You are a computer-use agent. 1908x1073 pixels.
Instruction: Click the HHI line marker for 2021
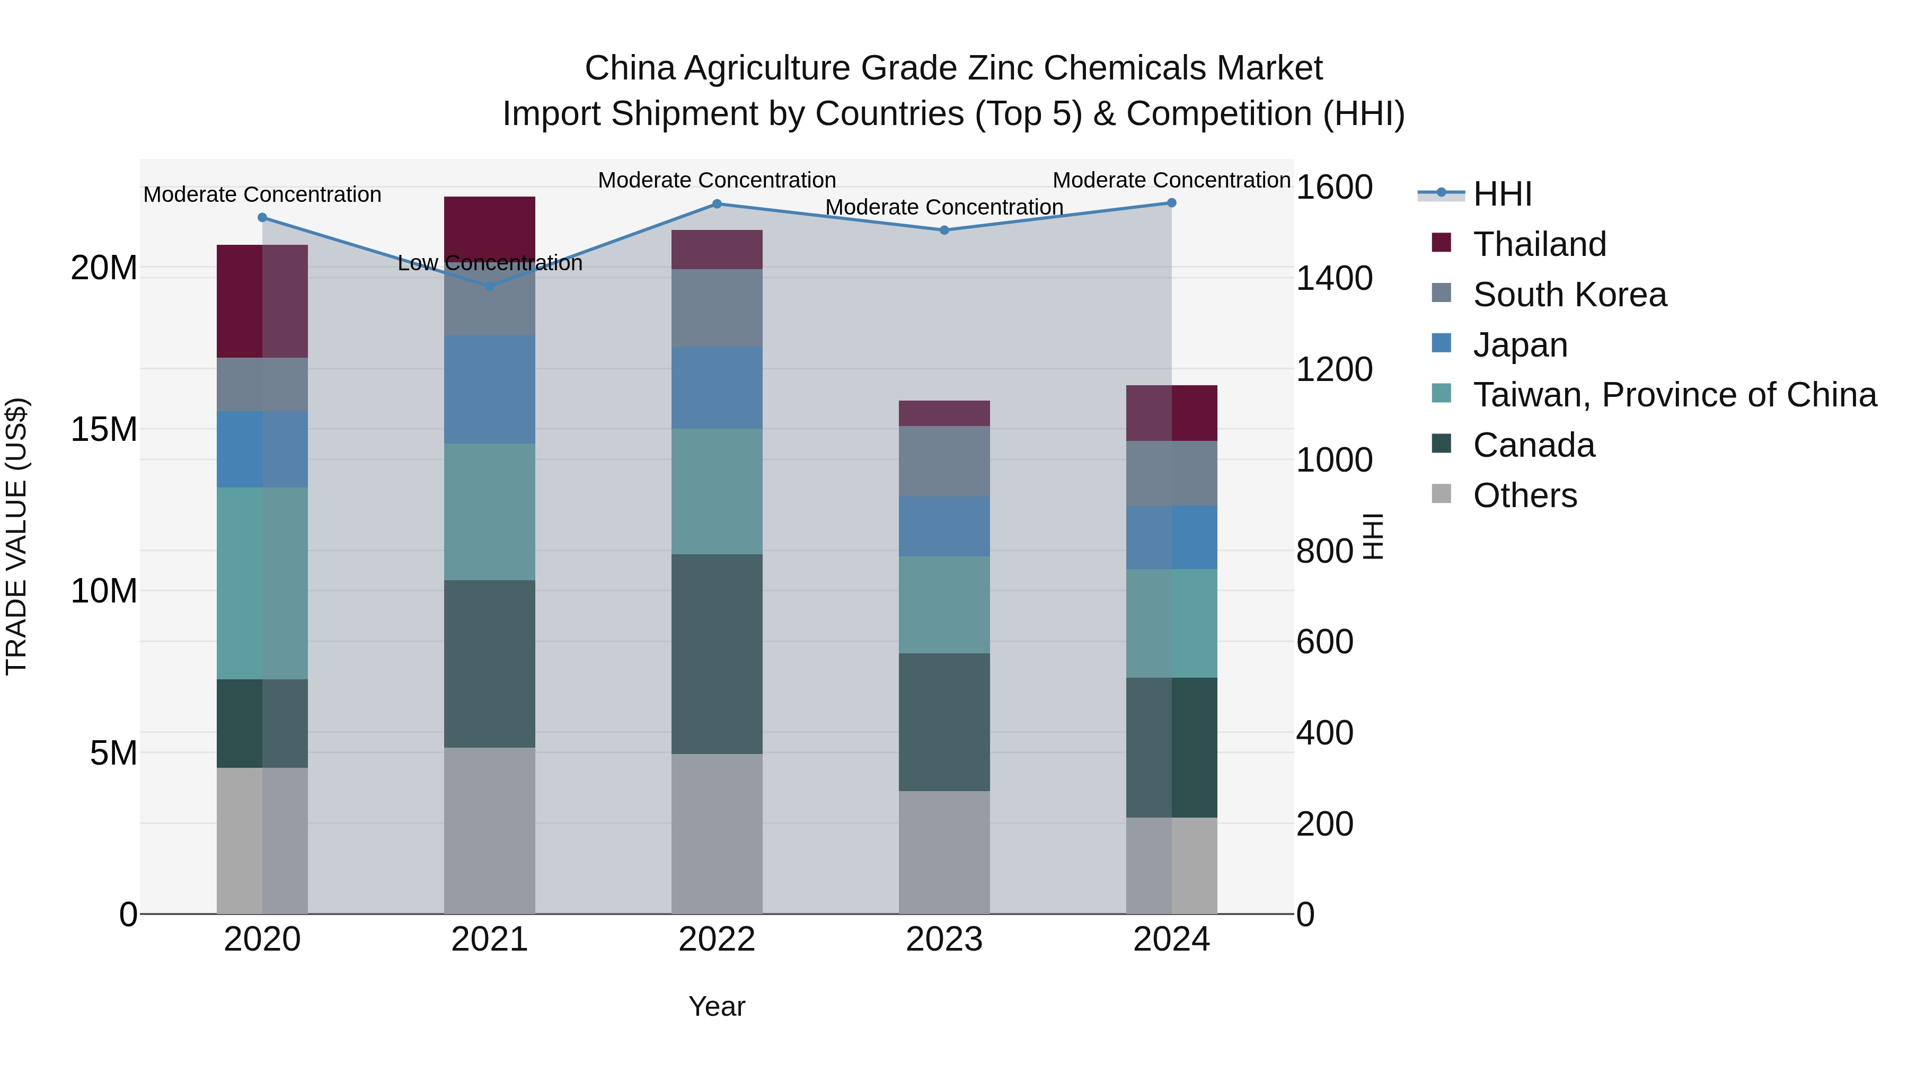pyautogui.click(x=490, y=286)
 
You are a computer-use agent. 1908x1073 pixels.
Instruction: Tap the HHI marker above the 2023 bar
pyautogui.click(x=944, y=230)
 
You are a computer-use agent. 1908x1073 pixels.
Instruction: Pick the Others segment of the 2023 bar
pyautogui.click(x=944, y=852)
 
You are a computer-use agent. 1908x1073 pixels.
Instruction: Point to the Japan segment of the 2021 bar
pyautogui.click(x=490, y=389)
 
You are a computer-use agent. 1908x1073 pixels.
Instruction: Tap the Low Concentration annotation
pyautogui.click(x=490, y=263)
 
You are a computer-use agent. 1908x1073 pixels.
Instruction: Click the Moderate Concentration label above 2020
pyautogui.click(x=262, y=195)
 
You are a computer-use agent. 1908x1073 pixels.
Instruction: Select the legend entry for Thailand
pyautogui.click(x=1539, y=244)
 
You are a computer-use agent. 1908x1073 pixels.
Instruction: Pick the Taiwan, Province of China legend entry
pyautogui.click(x=1674, y=395)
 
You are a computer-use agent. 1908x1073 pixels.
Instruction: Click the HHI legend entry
pyautogui.click(x=1502, y=194)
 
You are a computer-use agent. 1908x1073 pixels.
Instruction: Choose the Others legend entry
pyautogui.click(x=1524, y=495)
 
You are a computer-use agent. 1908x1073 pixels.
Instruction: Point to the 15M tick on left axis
pyautogui.click(x=104, y=430)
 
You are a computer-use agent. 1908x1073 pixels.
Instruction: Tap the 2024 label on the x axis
pyautogui.click(x=1171, y=939)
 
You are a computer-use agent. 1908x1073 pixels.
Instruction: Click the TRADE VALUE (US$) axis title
pyautogui.click(x=16, y=536)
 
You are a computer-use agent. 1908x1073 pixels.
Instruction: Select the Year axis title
pyautogui.click(x=716, y=1006)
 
